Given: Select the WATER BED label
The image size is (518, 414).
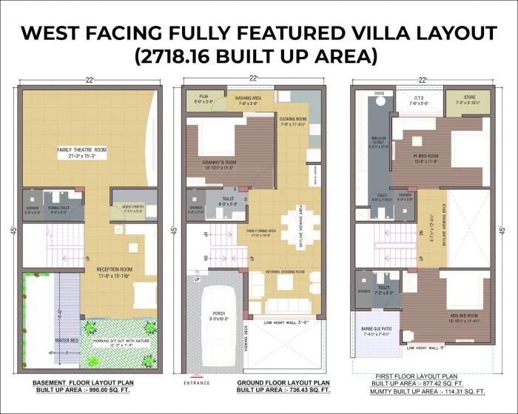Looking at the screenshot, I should (46, 341).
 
